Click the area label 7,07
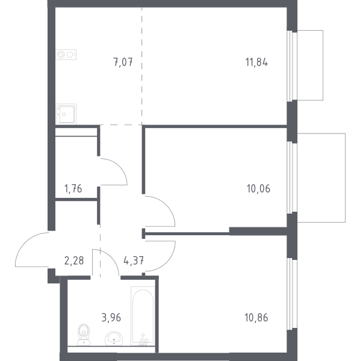coord(123,63)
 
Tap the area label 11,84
coord(256,63)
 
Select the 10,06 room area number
coord(258,189)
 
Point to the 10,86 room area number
coord(256,318)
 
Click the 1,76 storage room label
coord(73,189)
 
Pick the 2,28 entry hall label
coord(74,261)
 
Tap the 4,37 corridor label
coord(134,261)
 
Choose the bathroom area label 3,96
coord(111,318)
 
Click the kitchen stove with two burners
coord(66,55)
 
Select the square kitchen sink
coord(66,114)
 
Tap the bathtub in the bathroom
coord(143,316)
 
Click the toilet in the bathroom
coord(84,335)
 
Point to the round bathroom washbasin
coord(114,339)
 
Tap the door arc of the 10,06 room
coord(166,205)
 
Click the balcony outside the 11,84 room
coord(310,65)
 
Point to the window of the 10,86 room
coord(292,294)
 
